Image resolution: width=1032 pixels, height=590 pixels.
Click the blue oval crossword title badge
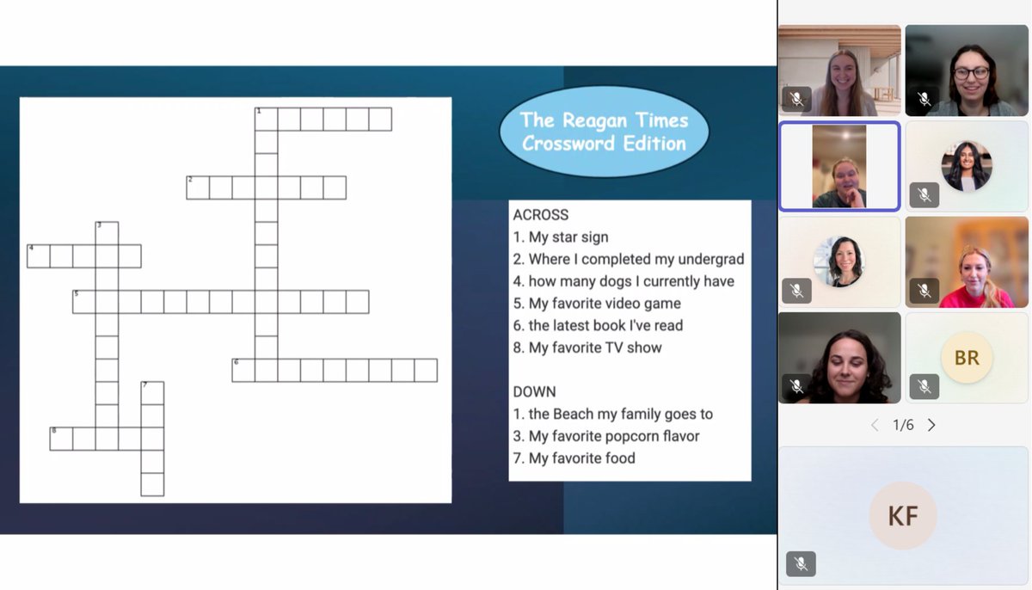tap(604, 132)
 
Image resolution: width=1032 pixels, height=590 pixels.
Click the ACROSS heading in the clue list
tap(540, 215)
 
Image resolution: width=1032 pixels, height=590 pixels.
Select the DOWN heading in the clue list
tap(534, 391)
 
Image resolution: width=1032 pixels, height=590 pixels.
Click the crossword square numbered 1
tap(267, 120)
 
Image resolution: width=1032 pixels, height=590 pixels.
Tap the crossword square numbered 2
tap(198, 187)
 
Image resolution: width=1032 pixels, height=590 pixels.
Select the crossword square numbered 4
tap(39, 256)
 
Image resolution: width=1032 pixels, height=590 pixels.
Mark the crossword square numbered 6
tap(243, 371)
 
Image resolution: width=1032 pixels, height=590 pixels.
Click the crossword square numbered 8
tap(61, 439)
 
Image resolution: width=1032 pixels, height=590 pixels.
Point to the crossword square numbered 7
tap(152, 393)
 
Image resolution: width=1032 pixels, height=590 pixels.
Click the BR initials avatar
tap(967, 358)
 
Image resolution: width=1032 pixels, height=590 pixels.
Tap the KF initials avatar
tap(903, 515)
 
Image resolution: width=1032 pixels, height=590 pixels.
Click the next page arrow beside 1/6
tap(931, 425)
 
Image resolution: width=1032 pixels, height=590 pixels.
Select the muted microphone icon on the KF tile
tap(801, 563)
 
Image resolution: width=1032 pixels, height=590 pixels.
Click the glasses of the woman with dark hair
tap(972, 73)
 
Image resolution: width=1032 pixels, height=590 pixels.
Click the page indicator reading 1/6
tap(903, 425)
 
